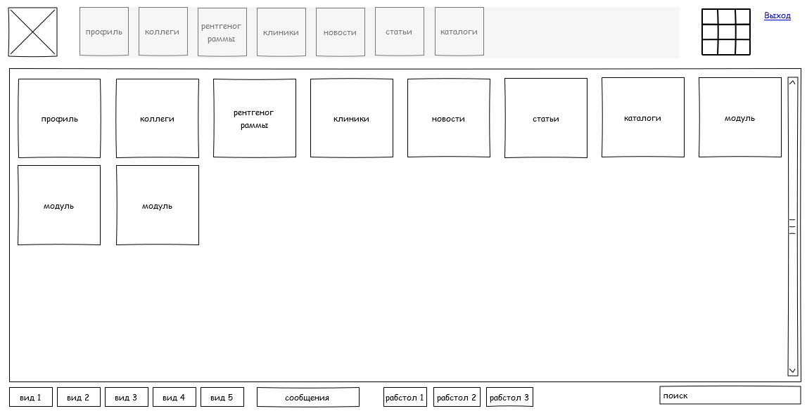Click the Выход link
click(x=777, y=16)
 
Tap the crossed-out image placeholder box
click(x=33, y=32)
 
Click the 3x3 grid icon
click(x=726, y=32)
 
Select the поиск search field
click(x=730, y=396)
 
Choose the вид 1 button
click(x=31, y=397)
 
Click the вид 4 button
click(x=174, y=397)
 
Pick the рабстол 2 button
click(x=457, y=397)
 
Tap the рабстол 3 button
click(x=509, y=397)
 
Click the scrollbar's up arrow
click(x=793, y=82)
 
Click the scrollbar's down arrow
click(x=793, y=370)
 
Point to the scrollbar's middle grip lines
click(x=793, y=226)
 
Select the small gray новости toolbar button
click(x=341, y=32)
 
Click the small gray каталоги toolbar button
click(x=459, y=32)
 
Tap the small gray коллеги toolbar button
click(x=163, y=32)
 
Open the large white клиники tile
click(x=352, y=118)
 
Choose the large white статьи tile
click(x=545, y=118)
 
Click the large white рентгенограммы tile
click(x=254, y=118)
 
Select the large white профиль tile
click(x=59, y=118)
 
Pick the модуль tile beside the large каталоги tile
click(x=739, y=117)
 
